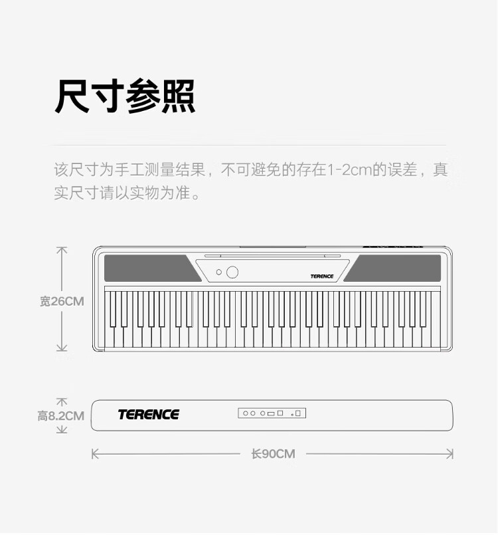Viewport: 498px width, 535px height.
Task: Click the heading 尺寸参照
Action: point(124,97)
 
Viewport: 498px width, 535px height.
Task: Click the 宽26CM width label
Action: point(62,301)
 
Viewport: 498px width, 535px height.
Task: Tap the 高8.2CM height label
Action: point(60,416)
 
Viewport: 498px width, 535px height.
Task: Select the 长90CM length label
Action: point(273,454)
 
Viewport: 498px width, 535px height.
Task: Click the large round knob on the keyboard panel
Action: point(232,272)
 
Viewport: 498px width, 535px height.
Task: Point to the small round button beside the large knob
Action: point(218,272)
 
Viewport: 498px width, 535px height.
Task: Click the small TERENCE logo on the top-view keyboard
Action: point(321,276)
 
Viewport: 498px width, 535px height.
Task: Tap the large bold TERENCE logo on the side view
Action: point(149,415)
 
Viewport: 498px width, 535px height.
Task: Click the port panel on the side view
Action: point(272,413)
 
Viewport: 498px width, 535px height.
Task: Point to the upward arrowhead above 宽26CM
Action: point(62,249)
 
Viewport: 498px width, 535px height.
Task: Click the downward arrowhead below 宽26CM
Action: point(62,348)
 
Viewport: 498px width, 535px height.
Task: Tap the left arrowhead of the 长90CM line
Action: point(94,454)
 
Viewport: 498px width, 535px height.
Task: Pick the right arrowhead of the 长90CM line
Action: point(451,454)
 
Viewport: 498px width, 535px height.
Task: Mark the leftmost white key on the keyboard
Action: point(110,336)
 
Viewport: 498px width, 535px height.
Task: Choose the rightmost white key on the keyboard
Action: point(436,336)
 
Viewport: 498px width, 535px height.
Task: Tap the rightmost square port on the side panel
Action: point(298,413)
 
